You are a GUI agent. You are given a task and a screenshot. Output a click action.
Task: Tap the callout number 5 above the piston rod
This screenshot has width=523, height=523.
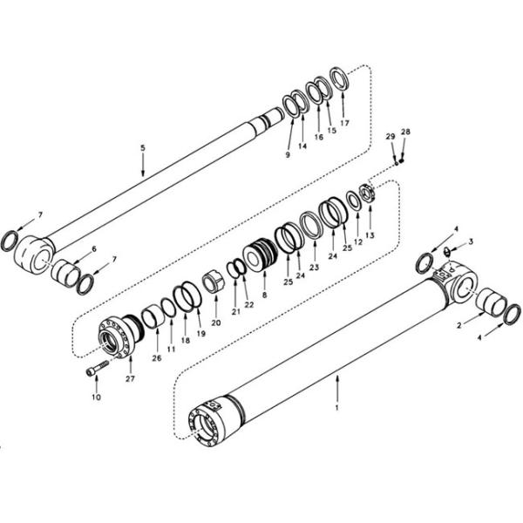(142, 148)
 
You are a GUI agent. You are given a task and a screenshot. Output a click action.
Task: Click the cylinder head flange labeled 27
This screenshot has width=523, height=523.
(114, 336)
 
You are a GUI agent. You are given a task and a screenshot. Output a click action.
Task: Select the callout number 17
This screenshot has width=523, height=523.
(345, 123)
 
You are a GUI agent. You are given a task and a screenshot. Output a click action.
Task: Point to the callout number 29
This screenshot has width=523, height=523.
(391, 137)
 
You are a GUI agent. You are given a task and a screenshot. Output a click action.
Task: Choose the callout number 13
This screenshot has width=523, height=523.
(370, 235)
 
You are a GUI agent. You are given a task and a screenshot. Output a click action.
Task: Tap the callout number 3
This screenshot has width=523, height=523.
(472, 241)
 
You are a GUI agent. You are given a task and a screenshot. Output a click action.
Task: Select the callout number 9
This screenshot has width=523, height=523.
(287, 155)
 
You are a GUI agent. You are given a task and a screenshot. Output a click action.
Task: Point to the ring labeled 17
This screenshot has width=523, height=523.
(340, 79)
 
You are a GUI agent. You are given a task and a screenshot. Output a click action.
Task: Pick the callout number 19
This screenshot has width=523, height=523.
(200, 332)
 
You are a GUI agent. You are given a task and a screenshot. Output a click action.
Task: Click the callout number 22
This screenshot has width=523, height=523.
(249, 303)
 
